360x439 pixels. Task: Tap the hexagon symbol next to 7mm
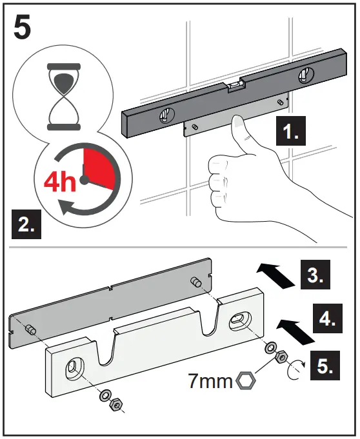(x=246, y=382)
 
